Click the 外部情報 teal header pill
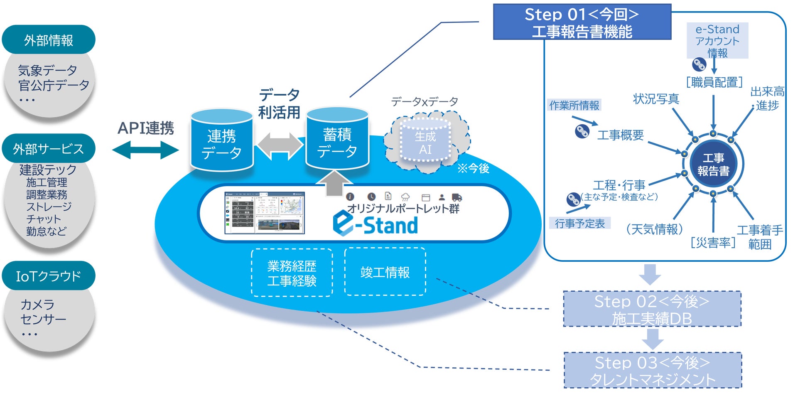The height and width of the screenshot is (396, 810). pyautogui.click(x=49, y=40)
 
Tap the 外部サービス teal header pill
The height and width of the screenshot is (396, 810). pyautogui.click(x=49, y=148)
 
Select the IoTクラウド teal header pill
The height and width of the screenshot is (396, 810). pyautogui.click(x=49, y=276)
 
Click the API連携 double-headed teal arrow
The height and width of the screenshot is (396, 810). pyautogui.click(x=145, y=150)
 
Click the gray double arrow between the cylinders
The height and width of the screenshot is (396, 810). pyautogui.click(x=280, y=145)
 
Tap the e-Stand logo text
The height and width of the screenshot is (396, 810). pyautogui.click(x=376, y=225)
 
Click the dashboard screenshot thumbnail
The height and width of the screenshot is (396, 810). pyautogui.click(x=265, y=213)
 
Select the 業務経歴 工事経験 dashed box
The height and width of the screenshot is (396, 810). pyautogui.click(x=292, y=273)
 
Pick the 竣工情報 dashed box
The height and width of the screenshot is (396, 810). pyautogui.click(x=385, y=272)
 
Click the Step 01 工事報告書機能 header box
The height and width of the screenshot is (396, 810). pyautogui.click(x=582, y=22)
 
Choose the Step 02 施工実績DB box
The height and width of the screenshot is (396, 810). pyautogui.click(x=652, y=309)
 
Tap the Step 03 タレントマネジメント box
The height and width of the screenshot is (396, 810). pyautogui.click(x=653, y=370)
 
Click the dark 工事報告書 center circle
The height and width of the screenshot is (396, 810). pyautogui.click(x=713, y=164)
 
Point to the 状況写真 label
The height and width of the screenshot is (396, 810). pyautogui.click(x=656, y=99)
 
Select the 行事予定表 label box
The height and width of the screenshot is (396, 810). pyautogui.click(x=580, y=224)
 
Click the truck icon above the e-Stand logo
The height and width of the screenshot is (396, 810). pyautogui.click(x=457, y=197)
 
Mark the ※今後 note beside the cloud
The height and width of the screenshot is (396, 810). pyautogui.click(x=473, y=168)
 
